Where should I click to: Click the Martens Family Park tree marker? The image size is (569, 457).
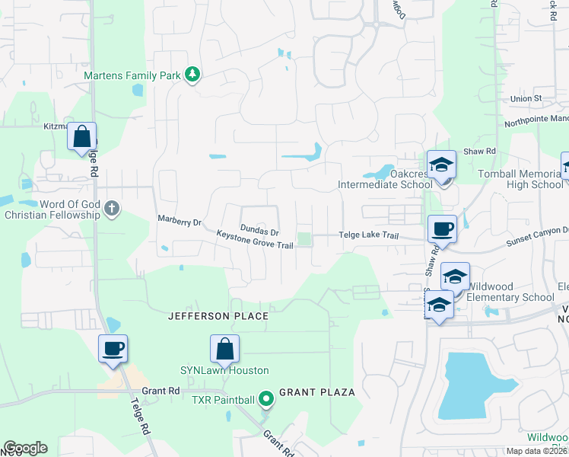pos(193,74)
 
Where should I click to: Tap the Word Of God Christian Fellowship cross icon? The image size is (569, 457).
pos(112,208)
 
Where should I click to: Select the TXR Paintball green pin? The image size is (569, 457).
pos(265,398)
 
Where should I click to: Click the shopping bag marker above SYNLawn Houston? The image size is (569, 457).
pos(225,350)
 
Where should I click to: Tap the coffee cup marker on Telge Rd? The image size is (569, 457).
pos(113,350)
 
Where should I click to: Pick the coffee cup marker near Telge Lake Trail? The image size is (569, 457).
pos(442,228)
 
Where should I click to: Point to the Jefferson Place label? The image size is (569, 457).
pos(218,316)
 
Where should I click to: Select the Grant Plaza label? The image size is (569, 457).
pos(317,392)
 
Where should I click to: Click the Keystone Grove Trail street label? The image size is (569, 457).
pos(255,240)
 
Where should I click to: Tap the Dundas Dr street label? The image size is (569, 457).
pos(259,228)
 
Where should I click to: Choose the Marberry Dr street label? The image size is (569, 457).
pos(179,222)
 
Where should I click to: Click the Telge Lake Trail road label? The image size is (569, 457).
pos(369,236)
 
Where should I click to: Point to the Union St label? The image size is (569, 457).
pos(526,99)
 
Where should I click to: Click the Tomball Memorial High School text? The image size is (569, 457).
pos(520,179)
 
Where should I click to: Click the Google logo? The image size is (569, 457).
pos(25,448)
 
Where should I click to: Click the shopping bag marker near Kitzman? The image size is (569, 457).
pos(82,137)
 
